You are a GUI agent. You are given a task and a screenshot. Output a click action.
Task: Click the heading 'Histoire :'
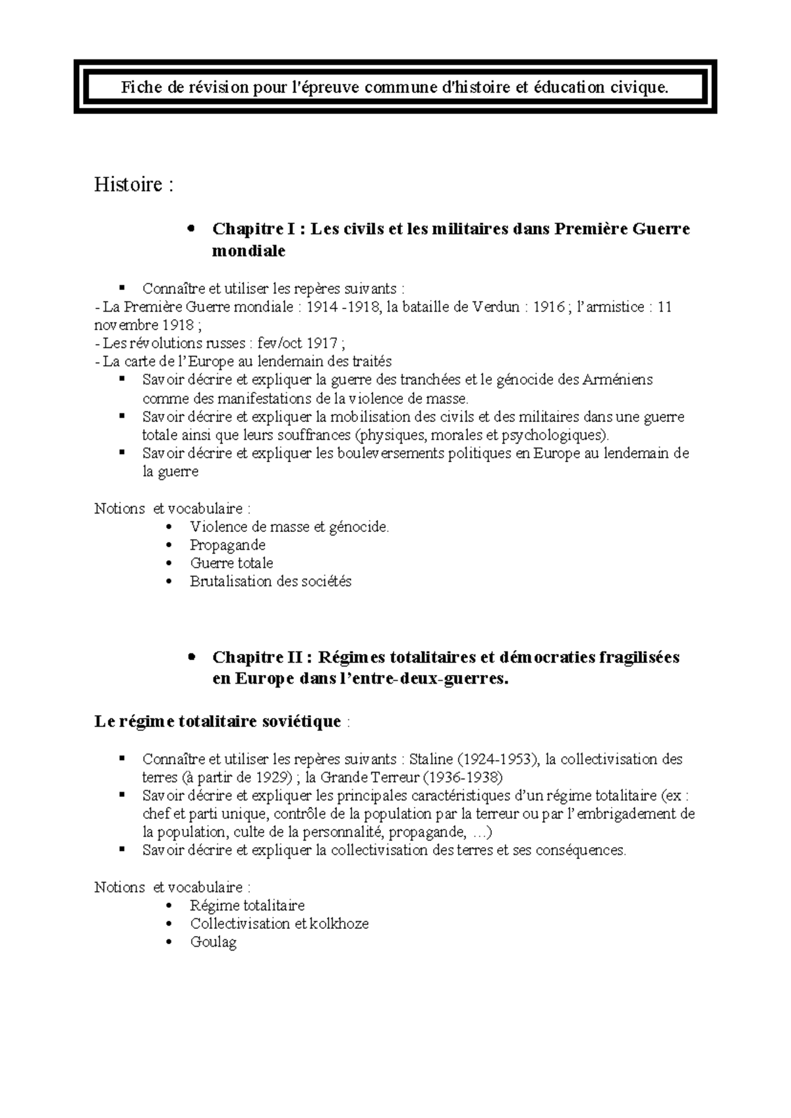134,185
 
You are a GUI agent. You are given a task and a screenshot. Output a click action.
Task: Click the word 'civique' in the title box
639,87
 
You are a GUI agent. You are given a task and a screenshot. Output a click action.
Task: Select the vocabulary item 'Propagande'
227,545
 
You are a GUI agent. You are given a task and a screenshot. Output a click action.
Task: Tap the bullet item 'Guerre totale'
231,564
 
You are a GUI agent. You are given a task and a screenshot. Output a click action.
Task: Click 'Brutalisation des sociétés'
270,581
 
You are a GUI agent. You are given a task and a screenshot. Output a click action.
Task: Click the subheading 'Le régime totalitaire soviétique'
218,722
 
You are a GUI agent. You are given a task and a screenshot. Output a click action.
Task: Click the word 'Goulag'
213,942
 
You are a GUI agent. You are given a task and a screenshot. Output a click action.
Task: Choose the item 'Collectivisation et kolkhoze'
279,924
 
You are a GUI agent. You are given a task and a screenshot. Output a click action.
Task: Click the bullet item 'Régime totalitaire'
247,906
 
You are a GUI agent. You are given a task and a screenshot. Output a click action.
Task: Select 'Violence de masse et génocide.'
289,527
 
